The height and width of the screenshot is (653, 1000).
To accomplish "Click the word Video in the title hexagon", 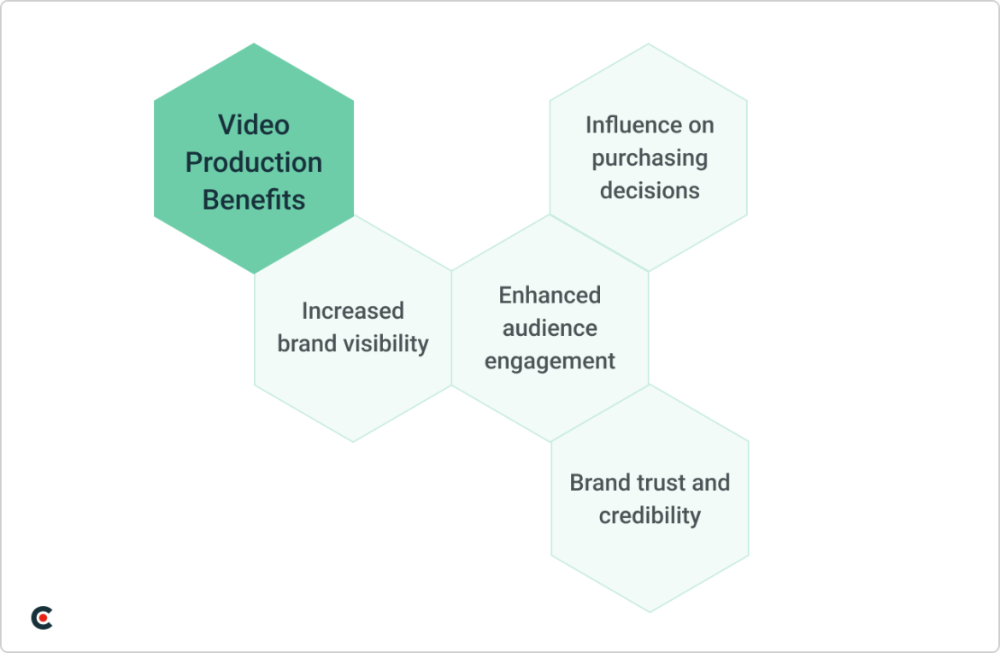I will [x=254, y=125].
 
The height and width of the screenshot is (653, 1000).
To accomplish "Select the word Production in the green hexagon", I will [x=254, y=162].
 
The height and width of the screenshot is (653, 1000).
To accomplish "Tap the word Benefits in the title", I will [x=254, y=200].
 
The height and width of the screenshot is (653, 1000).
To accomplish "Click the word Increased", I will [x=352, y=311].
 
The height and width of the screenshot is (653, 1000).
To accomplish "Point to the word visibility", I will [x=382, y=344].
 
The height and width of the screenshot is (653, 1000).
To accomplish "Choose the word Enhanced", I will [x=550, y=296].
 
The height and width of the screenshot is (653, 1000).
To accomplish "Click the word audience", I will [x=550, y=328].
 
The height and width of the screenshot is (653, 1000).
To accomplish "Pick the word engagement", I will [x=550, y=362].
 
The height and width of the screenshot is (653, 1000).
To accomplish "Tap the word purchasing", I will [x=650, y=159].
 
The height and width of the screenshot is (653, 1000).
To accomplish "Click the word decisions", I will [x=650, y=191].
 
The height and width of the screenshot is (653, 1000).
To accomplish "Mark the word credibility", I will [x=650, y=516].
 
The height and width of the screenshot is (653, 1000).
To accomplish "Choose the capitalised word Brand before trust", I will [x=599, y=483].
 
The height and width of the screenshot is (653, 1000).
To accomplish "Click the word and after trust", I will [x=710, y=483].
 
